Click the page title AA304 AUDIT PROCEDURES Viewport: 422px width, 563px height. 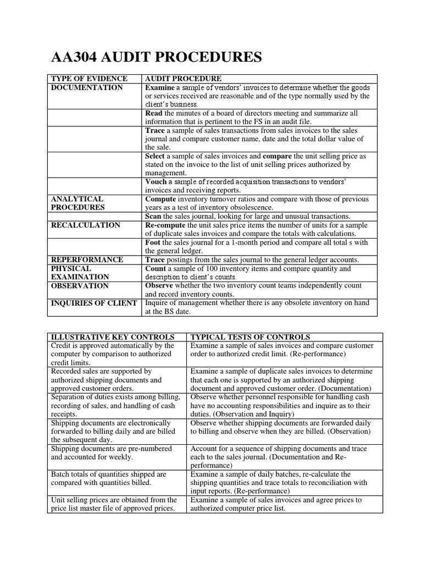pos(156,57)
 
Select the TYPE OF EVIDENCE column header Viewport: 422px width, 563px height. pos(89,79)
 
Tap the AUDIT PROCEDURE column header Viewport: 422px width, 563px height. pos(183,79)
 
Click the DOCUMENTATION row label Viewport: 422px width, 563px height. pos(87,87)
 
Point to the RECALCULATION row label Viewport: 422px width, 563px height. pos(85,225)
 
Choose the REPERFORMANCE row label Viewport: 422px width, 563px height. pos(87,260)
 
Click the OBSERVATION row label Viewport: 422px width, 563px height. pos(80,286)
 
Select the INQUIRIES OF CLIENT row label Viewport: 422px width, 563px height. pos(94,303)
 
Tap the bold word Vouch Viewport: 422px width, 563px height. pos(156,182)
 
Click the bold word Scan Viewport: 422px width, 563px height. pos(153,216)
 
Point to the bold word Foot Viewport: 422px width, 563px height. pos(153,242)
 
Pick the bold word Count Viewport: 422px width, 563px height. pos(156,268)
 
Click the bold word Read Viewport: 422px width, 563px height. pos(154,113)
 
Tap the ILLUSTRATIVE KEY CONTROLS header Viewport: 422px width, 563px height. pos(112,336)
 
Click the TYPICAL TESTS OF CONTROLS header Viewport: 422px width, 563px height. pos(250,336)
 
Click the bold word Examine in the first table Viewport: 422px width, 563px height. pos(160,87)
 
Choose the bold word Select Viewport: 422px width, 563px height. pos(155,156)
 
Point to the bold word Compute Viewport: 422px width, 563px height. pos(160,199)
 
